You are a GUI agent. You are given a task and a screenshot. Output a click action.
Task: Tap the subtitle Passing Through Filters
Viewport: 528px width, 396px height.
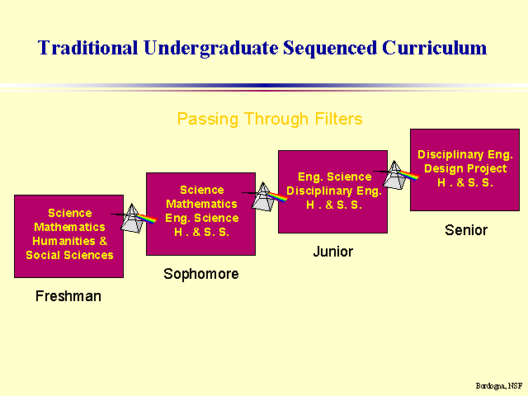tap(270, 119)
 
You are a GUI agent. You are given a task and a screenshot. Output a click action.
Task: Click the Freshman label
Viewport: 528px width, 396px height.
tap(68, 295)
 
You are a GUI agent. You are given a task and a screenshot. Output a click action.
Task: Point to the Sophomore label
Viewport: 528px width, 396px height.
tap(201, 273)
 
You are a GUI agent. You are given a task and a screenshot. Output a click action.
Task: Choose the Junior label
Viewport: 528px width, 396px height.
tap(332, 252)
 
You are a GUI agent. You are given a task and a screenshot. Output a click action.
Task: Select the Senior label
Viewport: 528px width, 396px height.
tap(466, 230)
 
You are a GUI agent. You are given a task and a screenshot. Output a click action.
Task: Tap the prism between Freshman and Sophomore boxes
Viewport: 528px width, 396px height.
tap(133, 218)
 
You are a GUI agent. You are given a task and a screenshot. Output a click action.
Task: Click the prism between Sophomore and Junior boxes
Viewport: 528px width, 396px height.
tap(265, 196)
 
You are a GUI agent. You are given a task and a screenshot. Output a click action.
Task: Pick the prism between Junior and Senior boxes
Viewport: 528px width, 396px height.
tap(395, 175)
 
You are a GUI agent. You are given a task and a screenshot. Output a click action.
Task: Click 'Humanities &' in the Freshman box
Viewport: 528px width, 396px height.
tap(69, 241)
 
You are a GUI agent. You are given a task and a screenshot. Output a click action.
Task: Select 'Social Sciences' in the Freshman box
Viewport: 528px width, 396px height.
tap(69, 255)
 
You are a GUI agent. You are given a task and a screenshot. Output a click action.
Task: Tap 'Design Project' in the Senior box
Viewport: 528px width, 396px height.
tap(465, 168)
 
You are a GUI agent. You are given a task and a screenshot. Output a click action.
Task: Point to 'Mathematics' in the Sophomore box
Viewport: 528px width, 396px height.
tap(201, 204)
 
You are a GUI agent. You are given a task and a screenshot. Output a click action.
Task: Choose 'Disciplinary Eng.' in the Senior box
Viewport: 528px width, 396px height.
tap(465, 154)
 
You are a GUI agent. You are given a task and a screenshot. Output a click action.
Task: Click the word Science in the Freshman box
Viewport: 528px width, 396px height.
tap(69, 213)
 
